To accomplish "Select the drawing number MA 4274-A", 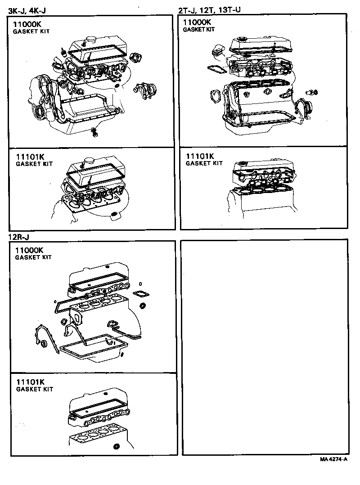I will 333,459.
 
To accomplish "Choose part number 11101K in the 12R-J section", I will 31,382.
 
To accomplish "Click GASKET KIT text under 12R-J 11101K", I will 34,389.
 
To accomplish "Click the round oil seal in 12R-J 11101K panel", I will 117,447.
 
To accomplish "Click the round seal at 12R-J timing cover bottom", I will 44,344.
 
